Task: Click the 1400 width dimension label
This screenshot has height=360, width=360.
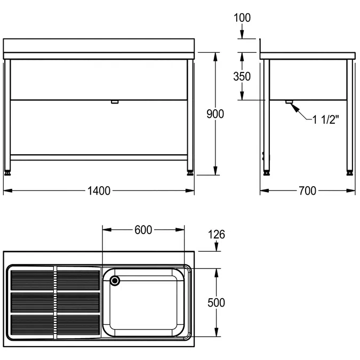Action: pyautogui.click(x=99, y=191)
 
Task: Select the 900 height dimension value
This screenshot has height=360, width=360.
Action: pyautogui.click(x=215, y=114)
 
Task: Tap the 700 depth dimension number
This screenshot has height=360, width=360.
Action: pyautogui.click(x=308, y=191)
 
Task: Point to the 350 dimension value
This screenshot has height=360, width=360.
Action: pyautogui.click(x=242, y=76)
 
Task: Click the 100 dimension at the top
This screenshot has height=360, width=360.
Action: pyautogui.click(x=242, y=18)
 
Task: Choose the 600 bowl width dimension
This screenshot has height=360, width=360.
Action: pyautogui.click(x=143, y=230)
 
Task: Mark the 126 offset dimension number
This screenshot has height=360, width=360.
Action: pyautogui.click(x=216, y=234)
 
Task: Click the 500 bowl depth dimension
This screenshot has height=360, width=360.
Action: pyautogui.click(x=215, y=302)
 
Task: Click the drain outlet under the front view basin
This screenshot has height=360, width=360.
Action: pyautogui.click(x=114, y=101)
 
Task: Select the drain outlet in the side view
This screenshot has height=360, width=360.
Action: pyautogui.click(x=289, y=102)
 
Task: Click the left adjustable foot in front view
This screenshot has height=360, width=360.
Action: pyautogui.click(x=8, y=172)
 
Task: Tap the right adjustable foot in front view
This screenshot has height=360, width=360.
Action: pyautogui.click(x=190, y=172)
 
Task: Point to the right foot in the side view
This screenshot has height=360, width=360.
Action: pyautogui.click(x=350, y=172)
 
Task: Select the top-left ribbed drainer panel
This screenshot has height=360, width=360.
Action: pyautogui.click(x=31, y=278)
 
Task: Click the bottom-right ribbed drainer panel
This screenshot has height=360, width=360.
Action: pyautogui.click(x=78, y=325)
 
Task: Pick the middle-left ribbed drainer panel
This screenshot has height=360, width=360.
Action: pyautogui.click(x=31, y=302)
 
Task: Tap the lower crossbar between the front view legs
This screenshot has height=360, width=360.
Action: pyautogui.click(x=99, y=157)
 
